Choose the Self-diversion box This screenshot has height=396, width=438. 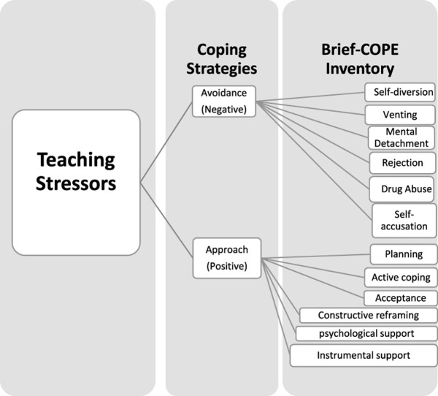[x=400, y=93]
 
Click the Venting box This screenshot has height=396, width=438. [x=400, y=115]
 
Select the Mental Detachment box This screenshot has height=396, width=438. [x=400, y=137]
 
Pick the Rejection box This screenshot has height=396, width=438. [x=401, y=162]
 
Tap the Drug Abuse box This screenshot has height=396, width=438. [x=401, y=187]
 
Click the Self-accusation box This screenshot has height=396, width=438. [x=404, y=219]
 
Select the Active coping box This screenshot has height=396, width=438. [x=400, y=278]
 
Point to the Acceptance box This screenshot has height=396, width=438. [x=400, y=298]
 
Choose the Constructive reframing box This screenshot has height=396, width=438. [x=368, y=316]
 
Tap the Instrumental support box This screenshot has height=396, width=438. [x=364, y=356]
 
